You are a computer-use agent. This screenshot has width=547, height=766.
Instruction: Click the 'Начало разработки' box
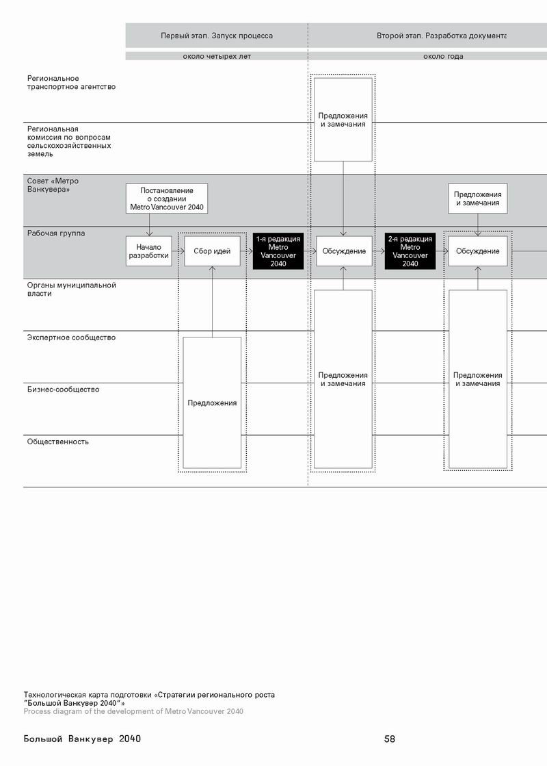click(148, 251)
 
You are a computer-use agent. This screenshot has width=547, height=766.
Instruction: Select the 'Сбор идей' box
click(212, 251)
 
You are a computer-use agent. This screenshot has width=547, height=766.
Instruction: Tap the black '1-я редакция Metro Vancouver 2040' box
click(278, 251)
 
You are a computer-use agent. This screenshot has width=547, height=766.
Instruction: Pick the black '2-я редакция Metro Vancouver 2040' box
click(410, 251)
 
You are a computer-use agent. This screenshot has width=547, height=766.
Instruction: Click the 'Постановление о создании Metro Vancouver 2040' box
click(167, 199)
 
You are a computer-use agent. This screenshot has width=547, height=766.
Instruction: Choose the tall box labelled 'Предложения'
click(212, 403)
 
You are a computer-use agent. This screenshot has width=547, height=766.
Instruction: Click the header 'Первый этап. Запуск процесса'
click(217, 36)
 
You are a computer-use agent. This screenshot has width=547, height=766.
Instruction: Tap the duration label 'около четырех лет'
click(217, 56)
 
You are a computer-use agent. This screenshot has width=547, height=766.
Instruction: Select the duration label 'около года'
click(443, 56)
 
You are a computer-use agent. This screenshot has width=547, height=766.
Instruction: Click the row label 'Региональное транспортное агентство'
click(71, 83)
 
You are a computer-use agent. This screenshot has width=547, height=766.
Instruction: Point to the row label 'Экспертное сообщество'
click(71, 337)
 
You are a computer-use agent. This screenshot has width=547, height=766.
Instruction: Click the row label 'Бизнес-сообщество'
click(63, 390)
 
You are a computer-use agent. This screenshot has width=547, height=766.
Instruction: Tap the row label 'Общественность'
click(57, 442)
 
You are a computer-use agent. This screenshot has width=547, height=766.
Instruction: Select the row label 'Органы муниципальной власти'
click(71, 290)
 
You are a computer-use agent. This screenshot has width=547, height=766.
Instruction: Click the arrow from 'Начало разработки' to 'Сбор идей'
click(178, 251)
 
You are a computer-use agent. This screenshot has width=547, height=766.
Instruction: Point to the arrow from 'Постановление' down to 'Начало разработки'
click(149, 225)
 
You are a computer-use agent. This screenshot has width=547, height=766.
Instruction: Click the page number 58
click(390, 739)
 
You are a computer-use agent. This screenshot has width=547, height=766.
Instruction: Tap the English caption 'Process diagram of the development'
click(133, 711)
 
